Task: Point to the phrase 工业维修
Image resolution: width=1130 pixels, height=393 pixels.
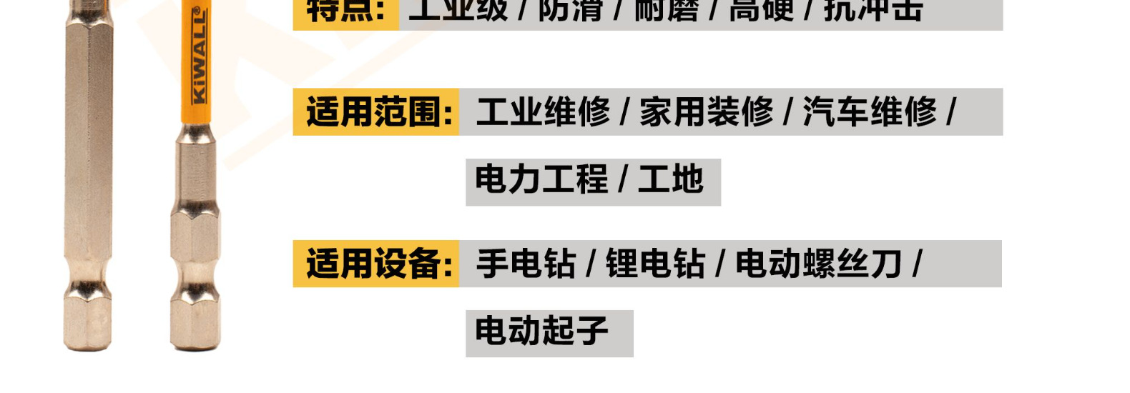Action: pos(543,112)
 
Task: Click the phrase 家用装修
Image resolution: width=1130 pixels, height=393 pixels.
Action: pos(706,112)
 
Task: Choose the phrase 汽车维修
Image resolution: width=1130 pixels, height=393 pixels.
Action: pos(869,112)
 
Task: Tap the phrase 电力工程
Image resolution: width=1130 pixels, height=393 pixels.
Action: pos(541,179)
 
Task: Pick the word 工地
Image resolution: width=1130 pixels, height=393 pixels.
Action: pos(671,179)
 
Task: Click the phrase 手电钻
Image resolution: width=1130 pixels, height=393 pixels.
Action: pos(526,264)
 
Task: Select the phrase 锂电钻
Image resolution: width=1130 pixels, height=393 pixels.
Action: pos(655,264)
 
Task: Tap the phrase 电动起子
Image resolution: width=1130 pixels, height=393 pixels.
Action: pos(541,331)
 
